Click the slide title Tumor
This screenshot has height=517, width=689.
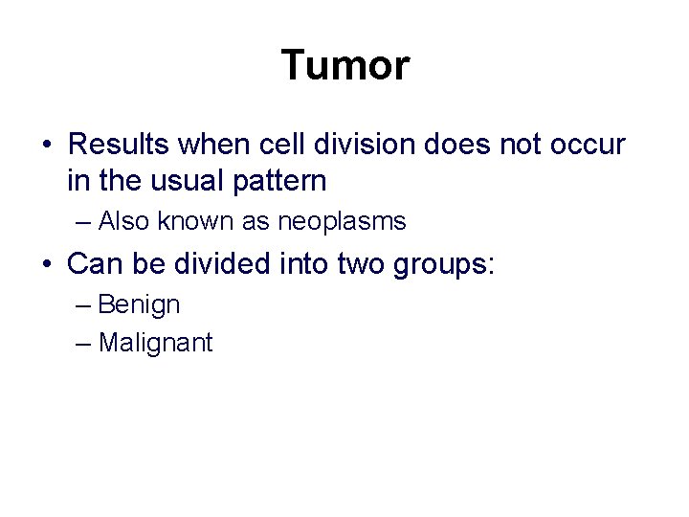point(345,66)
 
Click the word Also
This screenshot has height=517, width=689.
point(122,222)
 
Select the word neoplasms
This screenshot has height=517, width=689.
point(342,222)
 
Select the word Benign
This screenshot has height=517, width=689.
point(139,305)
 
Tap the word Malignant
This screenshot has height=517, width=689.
point(155,343)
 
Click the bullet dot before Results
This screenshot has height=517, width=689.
point(46,146)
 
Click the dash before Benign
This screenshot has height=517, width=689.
point(82,305)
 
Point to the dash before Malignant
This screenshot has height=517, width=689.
point(82,343)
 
